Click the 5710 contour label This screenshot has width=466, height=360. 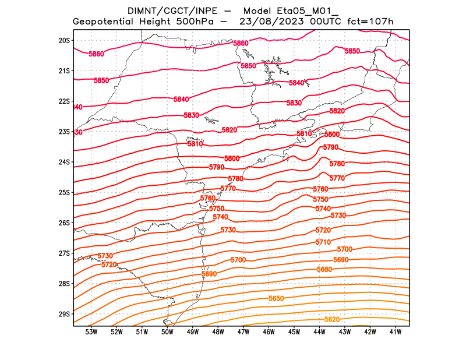(x=323, y=242)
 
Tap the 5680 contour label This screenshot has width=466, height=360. (x=324, y=269)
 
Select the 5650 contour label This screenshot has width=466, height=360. (x=276, y=298)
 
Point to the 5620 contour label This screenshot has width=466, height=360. (x=332, y=319)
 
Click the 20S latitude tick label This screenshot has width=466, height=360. (x=64, y=40)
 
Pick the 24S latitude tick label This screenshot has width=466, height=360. (x=64, y=162)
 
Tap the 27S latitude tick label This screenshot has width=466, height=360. (x=64, y=253)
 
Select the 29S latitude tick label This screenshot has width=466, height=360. (x=64, y=314)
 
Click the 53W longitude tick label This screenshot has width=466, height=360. (x=91, y=332)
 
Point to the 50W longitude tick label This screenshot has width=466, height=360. (x=167, y=332)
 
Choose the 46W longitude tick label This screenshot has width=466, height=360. (x=269, y=332)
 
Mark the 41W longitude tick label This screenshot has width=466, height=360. (x=396, y=332)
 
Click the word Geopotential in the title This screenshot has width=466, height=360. (x=104, y=22)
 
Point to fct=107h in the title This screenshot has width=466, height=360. (x=370, y=22)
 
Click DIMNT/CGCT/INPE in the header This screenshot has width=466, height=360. (x=165, y=10)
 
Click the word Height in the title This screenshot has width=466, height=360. (x=154, y=22)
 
